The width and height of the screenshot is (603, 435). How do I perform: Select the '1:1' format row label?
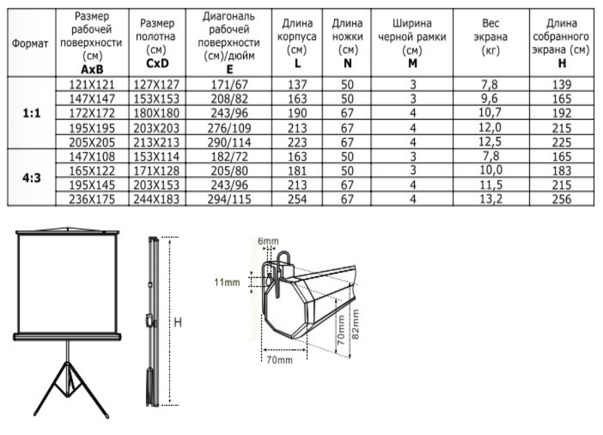[32, 113]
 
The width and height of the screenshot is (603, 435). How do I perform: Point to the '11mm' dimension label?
[226, 282]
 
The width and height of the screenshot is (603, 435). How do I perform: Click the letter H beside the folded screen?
[178, 322]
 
